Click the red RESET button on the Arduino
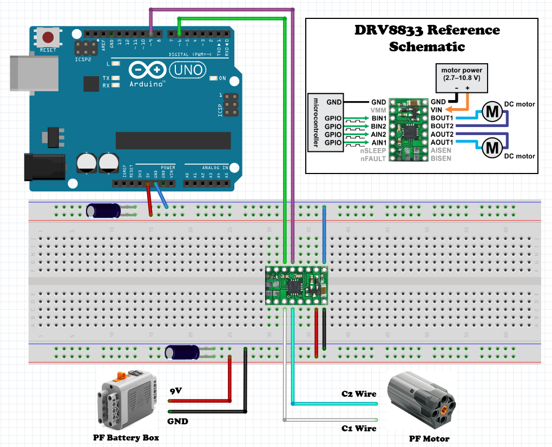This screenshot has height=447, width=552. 48,38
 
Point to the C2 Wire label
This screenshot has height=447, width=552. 358,393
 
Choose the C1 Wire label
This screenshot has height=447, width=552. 358,428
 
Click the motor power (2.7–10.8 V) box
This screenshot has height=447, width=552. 462,74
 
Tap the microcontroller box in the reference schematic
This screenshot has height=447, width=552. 316,123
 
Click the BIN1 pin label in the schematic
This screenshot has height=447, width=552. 378,118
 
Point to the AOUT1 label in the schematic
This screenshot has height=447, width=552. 442,142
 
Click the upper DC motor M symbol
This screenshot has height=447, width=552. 492,112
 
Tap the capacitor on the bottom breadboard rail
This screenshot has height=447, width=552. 183,352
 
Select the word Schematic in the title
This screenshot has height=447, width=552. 427,46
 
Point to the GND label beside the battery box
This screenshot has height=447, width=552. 177,421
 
